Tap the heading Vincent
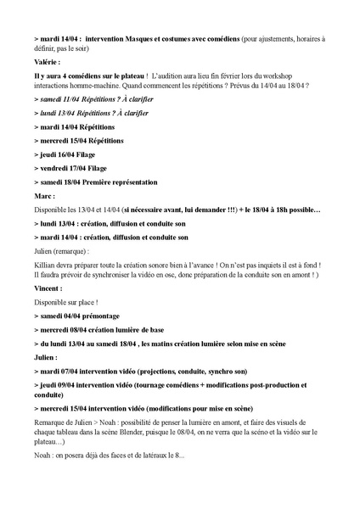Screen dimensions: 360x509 (48, 289)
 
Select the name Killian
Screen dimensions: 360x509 (46, 262)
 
